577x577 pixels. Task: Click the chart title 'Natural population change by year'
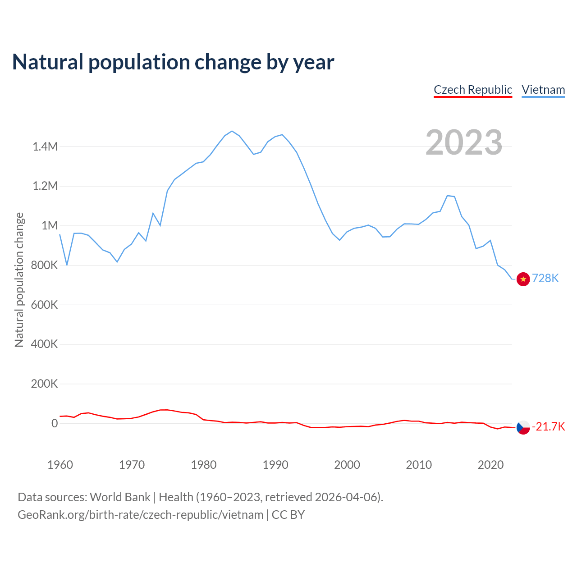point(173,62)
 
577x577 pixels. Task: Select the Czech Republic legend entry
point(473,90)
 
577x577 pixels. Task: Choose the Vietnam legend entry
point(543,90)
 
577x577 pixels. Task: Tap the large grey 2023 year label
point(464,142)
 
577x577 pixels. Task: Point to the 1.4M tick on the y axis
point(45,147)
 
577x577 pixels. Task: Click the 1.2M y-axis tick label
point(45,186)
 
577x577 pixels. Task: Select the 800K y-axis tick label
point(45,265)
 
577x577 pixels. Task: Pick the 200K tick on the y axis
point(45,384)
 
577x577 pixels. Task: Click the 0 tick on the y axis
point(55,423)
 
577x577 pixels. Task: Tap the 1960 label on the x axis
point(60,465)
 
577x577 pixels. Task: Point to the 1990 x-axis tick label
point(275,465)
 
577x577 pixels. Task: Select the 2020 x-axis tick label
point(490,465)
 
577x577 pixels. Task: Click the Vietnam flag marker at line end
point(523,279)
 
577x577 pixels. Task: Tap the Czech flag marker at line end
point(523,427)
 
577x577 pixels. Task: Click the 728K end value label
point(545,279)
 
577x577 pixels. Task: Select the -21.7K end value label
point(549,427)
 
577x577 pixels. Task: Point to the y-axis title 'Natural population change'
point(19,279)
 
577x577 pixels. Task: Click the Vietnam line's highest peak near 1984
point(232,131)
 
